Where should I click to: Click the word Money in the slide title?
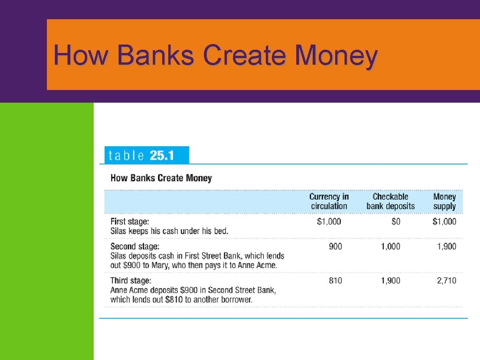pos(336,55)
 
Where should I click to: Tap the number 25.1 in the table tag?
pos(162,155)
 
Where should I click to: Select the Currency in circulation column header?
pos(329,202)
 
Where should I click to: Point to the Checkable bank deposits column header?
pos(390,202)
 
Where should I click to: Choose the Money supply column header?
pos(444,202)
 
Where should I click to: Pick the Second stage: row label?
pos(135,246)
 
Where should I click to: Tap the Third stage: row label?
pos(131,280)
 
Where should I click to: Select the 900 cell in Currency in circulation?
pos(335,247)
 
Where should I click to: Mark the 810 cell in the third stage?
pos(335,281)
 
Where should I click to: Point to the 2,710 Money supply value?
pos(446,281)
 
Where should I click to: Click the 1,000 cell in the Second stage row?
pos(390,247)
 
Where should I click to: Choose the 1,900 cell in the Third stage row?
pos(390,281)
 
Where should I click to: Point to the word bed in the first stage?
pos(221,231)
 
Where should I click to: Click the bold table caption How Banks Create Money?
pos(161,178)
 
